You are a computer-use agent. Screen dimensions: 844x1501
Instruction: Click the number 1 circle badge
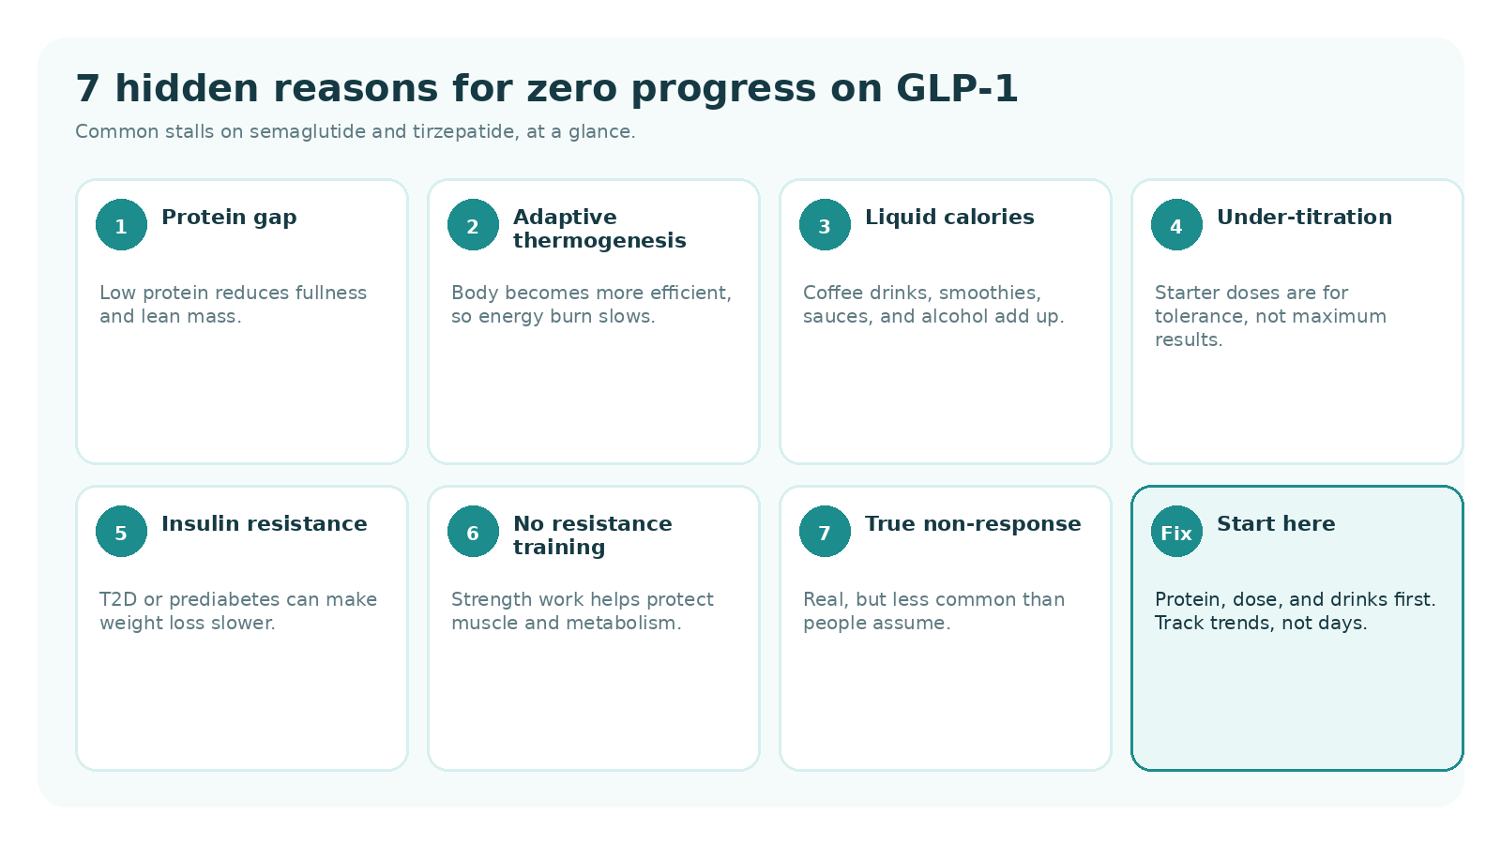click(x=121, y=225)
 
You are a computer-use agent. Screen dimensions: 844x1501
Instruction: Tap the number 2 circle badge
click(x=473, y=225)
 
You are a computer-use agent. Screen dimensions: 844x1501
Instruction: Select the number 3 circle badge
click(x=825, y=225)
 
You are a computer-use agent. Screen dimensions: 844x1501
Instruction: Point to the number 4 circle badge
click(x=1176, y=225)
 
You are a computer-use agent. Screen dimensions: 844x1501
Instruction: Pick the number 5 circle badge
click(x=121, y=532)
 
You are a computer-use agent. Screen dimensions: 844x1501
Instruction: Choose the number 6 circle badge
click(x=473, y=532)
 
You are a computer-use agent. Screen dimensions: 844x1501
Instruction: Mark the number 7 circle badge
click(x=825, y=532)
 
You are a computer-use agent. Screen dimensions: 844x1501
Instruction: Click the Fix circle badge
click(x=1176, y=532)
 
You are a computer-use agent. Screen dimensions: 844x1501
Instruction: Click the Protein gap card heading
click(x=229, y=218)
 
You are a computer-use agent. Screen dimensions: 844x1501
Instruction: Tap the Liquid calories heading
click(x=949, y=218)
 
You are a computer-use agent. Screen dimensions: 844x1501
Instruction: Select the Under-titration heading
click(x=1304, y=218)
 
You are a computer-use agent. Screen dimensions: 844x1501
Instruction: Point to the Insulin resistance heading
click(x=265, y=524)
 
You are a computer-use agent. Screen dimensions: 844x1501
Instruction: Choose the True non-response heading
click(x=973, y=524)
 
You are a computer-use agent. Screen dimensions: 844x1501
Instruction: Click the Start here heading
click(x=1276, y=524)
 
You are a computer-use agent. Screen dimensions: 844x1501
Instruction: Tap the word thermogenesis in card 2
click(x=599, y=241)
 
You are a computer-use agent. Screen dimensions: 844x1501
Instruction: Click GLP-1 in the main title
click(x=957, y=89)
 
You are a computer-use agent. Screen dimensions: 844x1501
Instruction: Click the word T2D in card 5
click(x=118, y=600)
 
